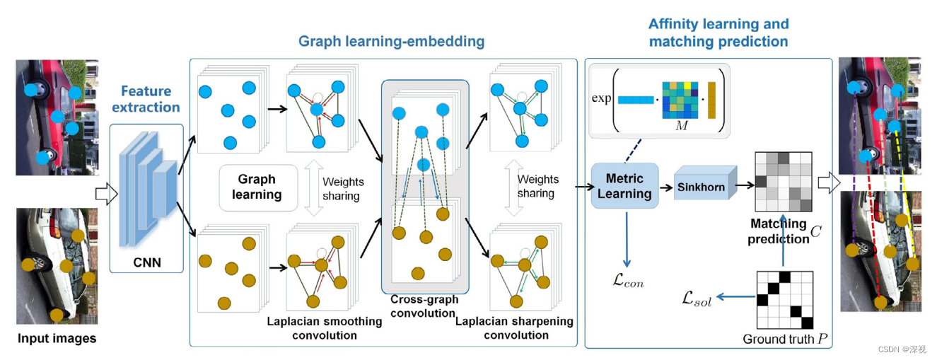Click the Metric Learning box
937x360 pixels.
[x=624, y=185]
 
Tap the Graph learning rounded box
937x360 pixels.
[x=257, y=187]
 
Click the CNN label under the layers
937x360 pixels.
[x=147, y=263]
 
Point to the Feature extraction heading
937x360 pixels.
[x=146, y=99]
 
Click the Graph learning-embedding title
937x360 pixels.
[x=391, y=41]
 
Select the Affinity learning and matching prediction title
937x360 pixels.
[x=718, y=33]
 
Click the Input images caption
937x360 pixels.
[x=57, y=338]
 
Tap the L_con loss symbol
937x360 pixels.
[x=627, y=282]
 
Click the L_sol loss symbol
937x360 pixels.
[x=696, y=301]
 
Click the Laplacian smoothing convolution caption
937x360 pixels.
[x=324, y=327]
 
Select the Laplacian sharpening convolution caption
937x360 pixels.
[x=515, y=327]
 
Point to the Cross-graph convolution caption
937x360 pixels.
[x=424, y=306]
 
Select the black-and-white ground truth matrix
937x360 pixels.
[x=786, y=299]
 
